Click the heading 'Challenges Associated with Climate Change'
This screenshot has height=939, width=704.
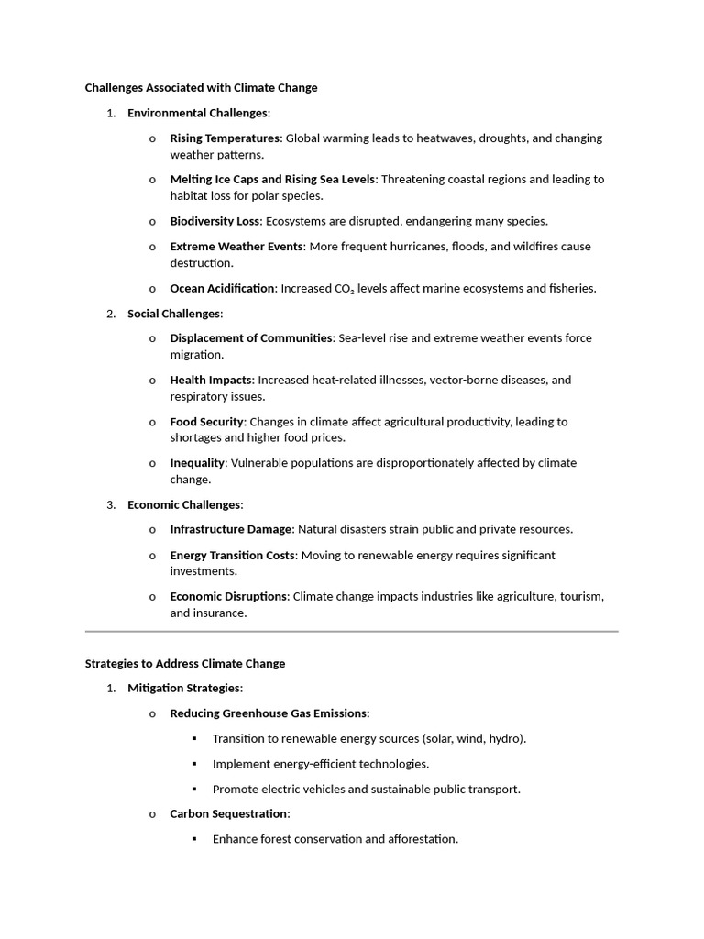pos(201,88)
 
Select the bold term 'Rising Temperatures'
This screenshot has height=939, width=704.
pos(225,138)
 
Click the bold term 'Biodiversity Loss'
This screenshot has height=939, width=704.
pos(214,221)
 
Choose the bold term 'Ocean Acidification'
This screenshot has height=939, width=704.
pos(222,289)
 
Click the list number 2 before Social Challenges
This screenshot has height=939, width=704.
pos(110,314)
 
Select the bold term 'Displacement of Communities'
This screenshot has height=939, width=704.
pos(251,338)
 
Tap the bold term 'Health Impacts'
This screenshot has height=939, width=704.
pos(211,380)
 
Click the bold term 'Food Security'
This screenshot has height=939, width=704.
pos(207,422)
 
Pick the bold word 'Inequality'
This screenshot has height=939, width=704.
pos(197,463)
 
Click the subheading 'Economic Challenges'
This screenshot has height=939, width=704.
pos(183,504)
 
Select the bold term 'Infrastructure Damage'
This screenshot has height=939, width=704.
pos(231,529)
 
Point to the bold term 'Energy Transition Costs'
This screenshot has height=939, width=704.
pos(233,556)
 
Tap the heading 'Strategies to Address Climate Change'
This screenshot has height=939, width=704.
pos(185,663)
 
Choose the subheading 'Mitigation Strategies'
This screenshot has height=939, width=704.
pos(183,688)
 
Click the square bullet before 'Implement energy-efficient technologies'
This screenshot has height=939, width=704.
pos(194,764)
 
